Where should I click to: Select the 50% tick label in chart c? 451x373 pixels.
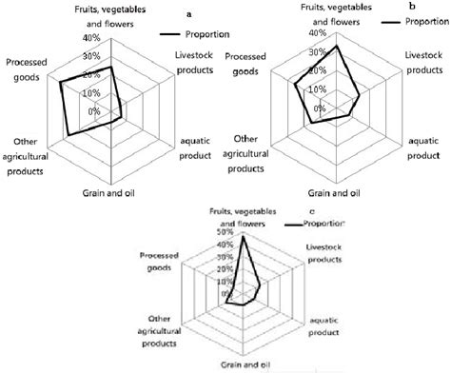click(225, 231)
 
